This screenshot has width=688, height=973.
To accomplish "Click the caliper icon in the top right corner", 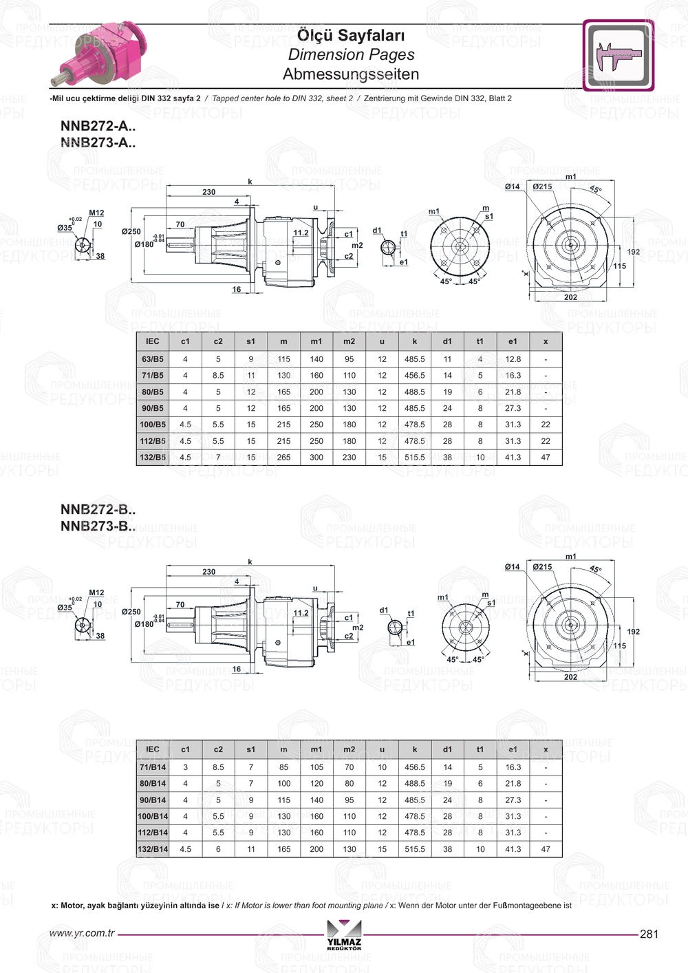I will [618, 55].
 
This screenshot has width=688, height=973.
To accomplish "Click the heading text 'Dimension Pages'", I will [351, 54].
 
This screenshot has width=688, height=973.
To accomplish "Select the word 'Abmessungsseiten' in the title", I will [351, 74].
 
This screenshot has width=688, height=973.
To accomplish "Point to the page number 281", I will [649, 934].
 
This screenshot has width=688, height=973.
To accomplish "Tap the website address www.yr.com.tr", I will [82, 933].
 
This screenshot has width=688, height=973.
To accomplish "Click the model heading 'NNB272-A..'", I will [98, 126].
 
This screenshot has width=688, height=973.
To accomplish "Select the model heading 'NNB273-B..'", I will [98, 526].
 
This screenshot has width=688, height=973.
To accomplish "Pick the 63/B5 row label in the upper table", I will [153, 359].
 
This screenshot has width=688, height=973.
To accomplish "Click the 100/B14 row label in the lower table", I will [153, 816].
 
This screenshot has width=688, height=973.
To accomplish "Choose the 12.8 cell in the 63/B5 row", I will [513, 359].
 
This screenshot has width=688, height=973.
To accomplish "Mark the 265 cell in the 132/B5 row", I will [283, 457].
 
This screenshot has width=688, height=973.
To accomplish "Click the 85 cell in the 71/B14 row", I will [283, 767].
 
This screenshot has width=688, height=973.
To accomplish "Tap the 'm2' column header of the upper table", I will [350, 341].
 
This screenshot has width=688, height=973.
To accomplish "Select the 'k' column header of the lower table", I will [415, 749].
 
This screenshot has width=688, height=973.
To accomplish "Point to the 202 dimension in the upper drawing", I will [570, 297].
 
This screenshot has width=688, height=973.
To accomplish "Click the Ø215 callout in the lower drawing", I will [542, 567].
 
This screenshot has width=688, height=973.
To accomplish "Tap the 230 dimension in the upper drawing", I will [208, 192].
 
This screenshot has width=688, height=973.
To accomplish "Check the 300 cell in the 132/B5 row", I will [316, 457].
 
